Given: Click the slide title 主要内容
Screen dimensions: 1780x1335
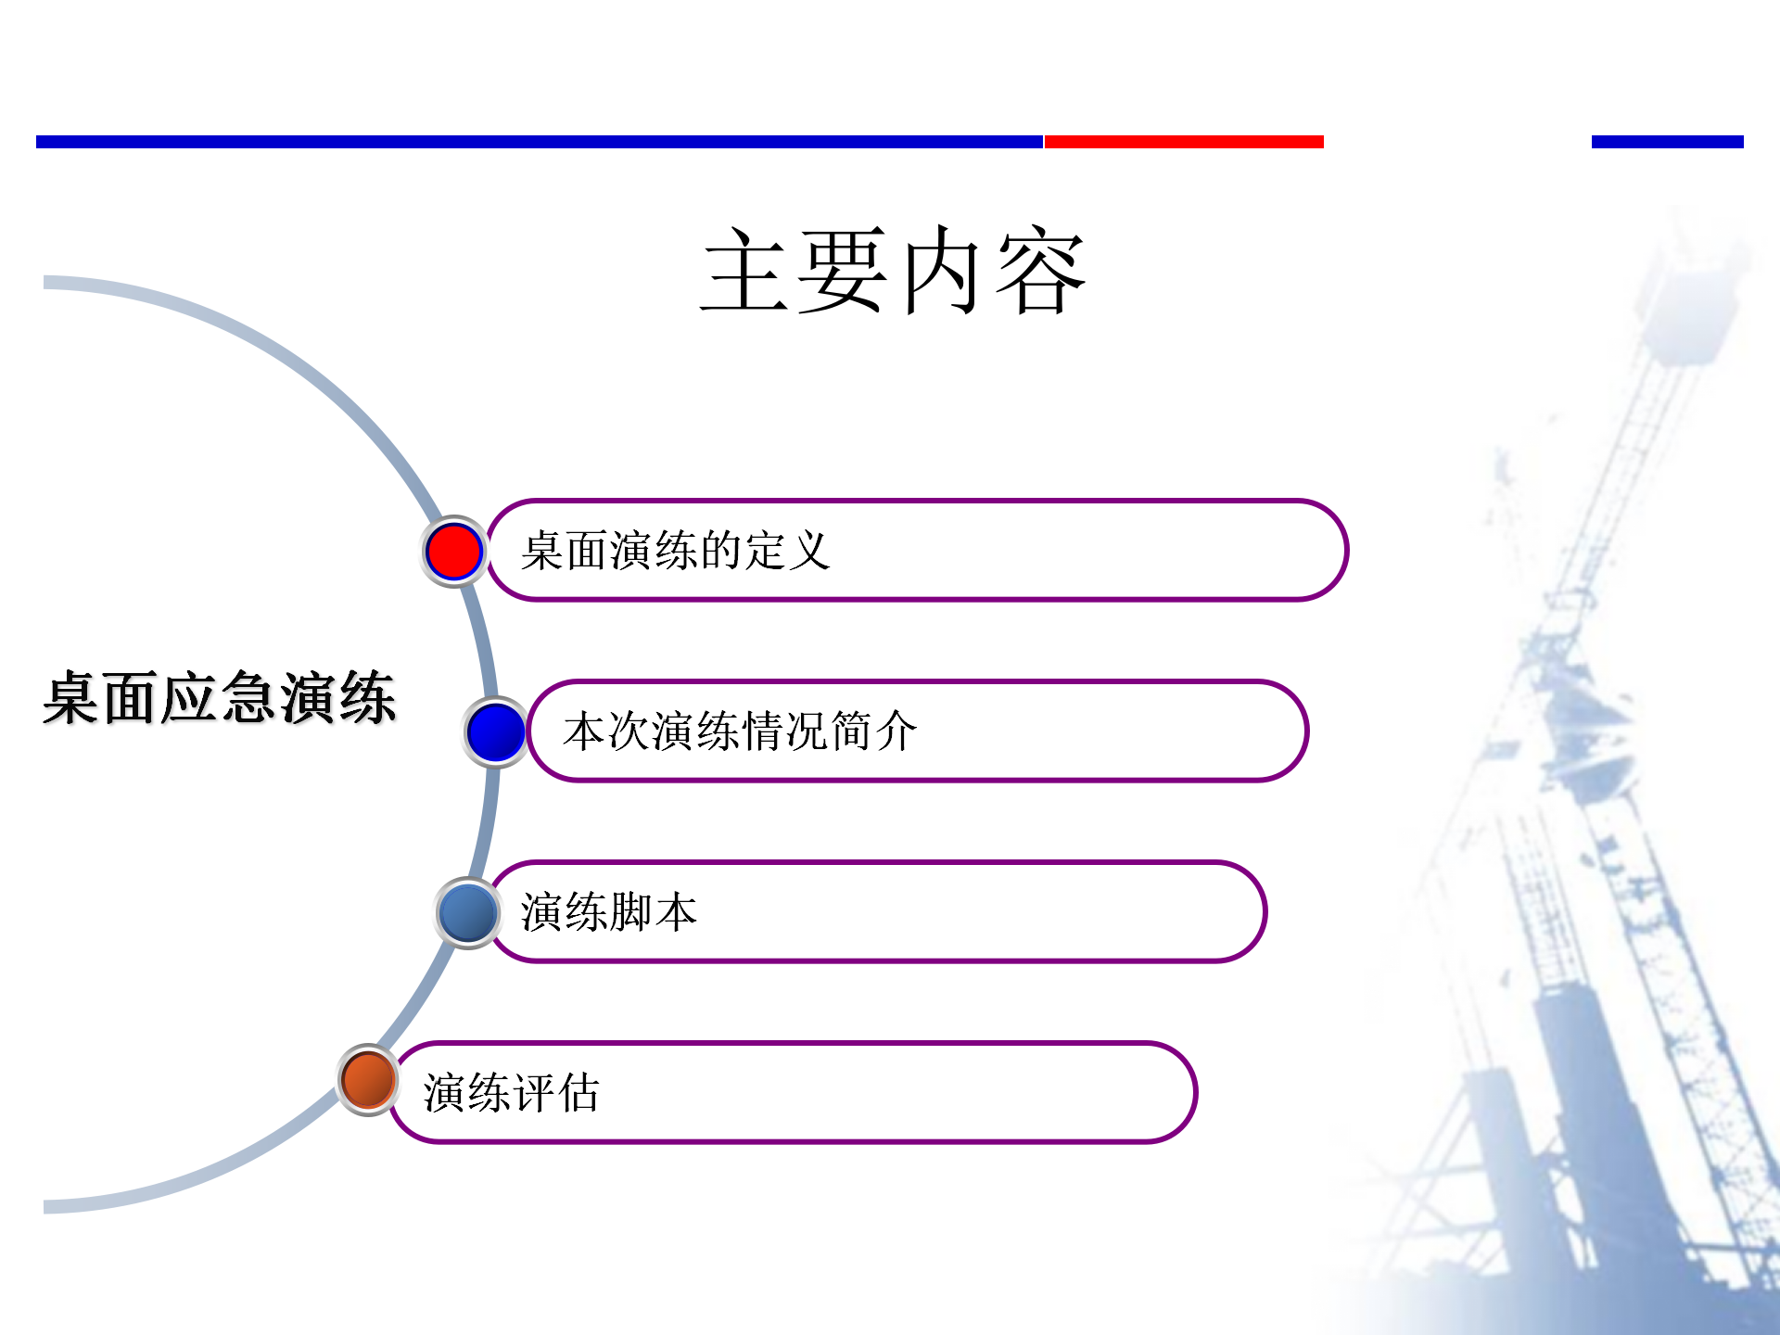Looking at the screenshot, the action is coord(893,270).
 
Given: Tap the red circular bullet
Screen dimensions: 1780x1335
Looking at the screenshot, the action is coord(453,552).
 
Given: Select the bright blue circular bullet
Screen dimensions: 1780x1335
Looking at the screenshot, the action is coord(496,731).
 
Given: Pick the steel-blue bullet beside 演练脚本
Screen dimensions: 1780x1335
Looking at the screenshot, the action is coord(468,912).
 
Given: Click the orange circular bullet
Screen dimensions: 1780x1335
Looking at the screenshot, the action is coord(368,1080).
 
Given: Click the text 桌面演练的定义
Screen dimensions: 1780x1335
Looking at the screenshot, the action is coord(675,551).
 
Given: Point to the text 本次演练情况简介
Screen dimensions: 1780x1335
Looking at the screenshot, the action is coord(740,731).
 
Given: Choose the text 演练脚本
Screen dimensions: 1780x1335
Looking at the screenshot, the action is coord(608,911).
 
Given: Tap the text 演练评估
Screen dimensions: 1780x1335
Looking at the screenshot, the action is coord(511,1092).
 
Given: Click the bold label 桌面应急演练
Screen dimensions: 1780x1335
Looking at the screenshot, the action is coord(220,697).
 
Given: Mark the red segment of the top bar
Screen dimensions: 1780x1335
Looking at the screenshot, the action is coord(1184,142).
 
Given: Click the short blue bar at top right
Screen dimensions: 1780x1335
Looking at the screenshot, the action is coord(1668,142).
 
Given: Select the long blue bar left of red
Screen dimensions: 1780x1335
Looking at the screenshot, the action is coord(540,142).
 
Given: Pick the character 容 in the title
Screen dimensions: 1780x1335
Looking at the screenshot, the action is coord(1040,270).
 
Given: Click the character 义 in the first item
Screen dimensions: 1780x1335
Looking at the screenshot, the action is coord(809,551).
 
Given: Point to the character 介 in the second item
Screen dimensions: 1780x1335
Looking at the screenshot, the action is coord(896,731).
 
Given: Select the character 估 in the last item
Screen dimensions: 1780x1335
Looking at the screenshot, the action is coord(578,1092).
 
